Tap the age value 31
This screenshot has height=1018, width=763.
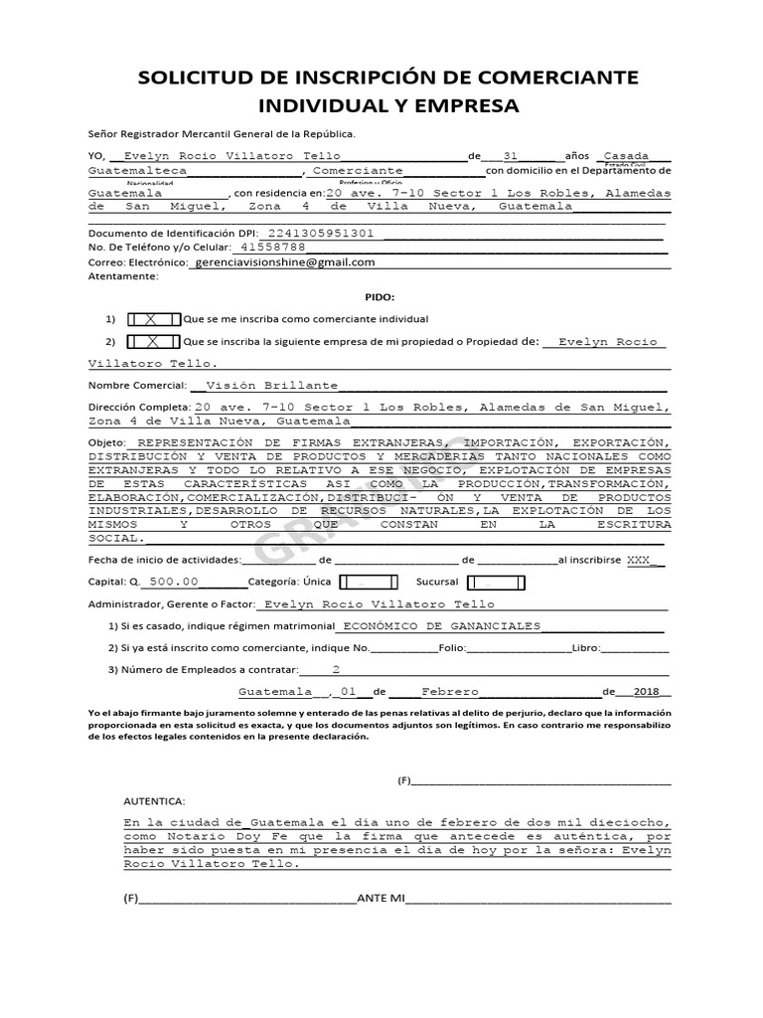[511, 156]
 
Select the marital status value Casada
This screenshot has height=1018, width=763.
[626, 156]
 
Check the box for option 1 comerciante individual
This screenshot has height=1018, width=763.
[154, 319]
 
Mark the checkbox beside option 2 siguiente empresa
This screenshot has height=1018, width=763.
[154, 341]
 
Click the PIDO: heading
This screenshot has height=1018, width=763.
[380, 297]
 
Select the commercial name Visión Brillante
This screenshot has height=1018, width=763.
[270, 385]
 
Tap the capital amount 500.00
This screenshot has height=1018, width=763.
[174, 582]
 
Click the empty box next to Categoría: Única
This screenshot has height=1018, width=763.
[368, 582]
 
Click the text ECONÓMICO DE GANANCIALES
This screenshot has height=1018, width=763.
[441, 626]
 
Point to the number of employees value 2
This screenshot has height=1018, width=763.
[336, 669]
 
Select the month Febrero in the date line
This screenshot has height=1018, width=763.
[450, 692]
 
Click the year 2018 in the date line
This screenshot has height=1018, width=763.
[646, 692]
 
